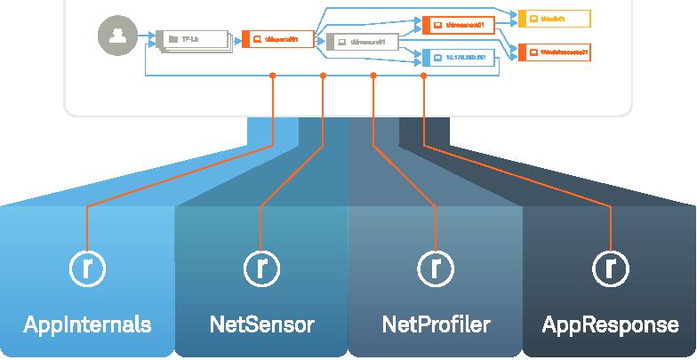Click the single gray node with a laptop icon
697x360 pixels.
point(361,41)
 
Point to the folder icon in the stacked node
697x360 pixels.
point(173,39)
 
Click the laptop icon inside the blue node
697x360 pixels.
point(437,57)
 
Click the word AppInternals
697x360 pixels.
point(86,324)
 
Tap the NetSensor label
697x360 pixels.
point(261,324)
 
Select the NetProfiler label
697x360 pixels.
point(436,324)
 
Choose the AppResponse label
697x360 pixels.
point(610,324)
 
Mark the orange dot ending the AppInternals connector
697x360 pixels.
point(272,76)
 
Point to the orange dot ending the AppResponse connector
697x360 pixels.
point(423,76)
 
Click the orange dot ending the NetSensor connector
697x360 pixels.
point(323,76)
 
